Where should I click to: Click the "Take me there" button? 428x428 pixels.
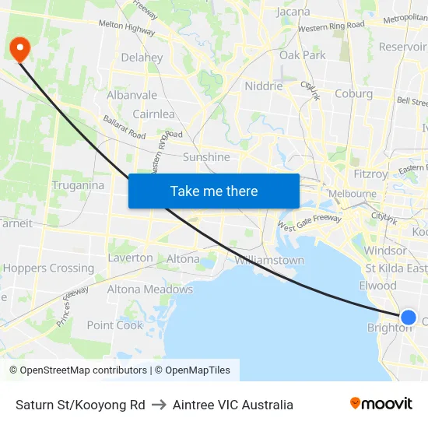tap(214, 191)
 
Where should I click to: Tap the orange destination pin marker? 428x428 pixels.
tap(18, 49)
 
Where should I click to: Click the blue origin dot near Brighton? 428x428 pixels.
tap(408, 317)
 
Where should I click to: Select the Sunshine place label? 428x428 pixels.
tap(206, 157)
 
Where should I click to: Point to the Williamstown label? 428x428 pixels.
tap(269, 260)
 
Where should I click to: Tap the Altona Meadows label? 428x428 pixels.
tap(149, 289)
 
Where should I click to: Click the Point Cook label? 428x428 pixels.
tap(115, 325)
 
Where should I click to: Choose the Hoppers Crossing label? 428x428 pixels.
tap(49, 268)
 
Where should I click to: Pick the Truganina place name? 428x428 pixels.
tap(78, 185)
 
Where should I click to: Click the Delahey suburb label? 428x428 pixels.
tap(142, 58)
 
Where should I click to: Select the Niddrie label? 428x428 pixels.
tap(264, 86)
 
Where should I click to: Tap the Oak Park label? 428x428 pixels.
tap(303, 55)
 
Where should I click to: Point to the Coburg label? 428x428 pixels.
tap(353, 93)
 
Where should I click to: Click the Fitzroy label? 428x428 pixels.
tap(370, 174)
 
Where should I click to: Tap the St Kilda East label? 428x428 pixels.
tap(396, 268)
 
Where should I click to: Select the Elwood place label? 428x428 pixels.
tap(378, 286)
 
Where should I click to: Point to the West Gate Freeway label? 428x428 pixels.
tap(309, 223)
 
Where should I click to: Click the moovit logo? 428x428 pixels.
tap(381, 404)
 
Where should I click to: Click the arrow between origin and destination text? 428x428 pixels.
tap(159, 405)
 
